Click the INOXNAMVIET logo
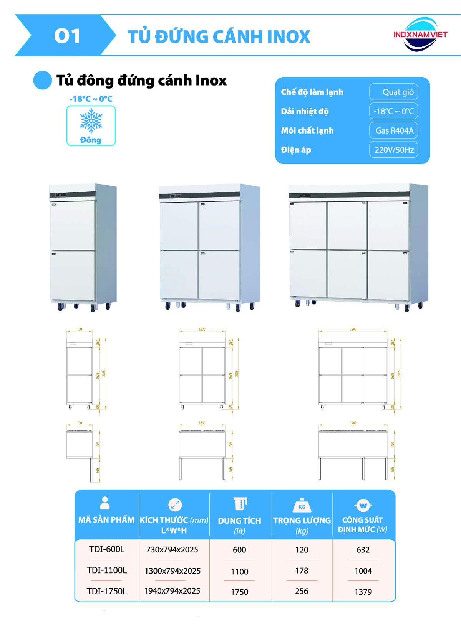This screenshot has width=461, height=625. click(420, 35)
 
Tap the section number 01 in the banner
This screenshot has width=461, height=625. click(68, 36)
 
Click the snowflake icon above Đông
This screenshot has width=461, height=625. click(91, 120)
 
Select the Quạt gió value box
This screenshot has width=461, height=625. click(393, 92)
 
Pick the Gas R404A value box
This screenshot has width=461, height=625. click(393, 130)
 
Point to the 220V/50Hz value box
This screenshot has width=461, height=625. click(393, 150)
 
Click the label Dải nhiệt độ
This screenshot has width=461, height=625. click(305, 111)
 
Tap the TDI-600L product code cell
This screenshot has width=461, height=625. click(107, 549)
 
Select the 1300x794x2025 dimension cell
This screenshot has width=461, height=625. click(172, 571)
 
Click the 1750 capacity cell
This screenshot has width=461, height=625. click(240, 592)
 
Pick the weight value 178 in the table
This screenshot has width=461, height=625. click(302, 571)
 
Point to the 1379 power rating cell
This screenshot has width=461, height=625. click(363, 592)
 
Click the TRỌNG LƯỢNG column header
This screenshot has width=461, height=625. click(302, 521)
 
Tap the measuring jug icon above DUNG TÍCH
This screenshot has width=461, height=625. click(240, 504)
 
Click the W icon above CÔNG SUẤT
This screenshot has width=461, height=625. click(363, 505)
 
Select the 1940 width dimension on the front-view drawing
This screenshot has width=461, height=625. click(353, 329)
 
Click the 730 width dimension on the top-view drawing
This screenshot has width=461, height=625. click(80, 423)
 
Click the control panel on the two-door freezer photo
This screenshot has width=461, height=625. click(61, 195)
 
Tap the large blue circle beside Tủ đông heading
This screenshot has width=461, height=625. click(43, 80)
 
